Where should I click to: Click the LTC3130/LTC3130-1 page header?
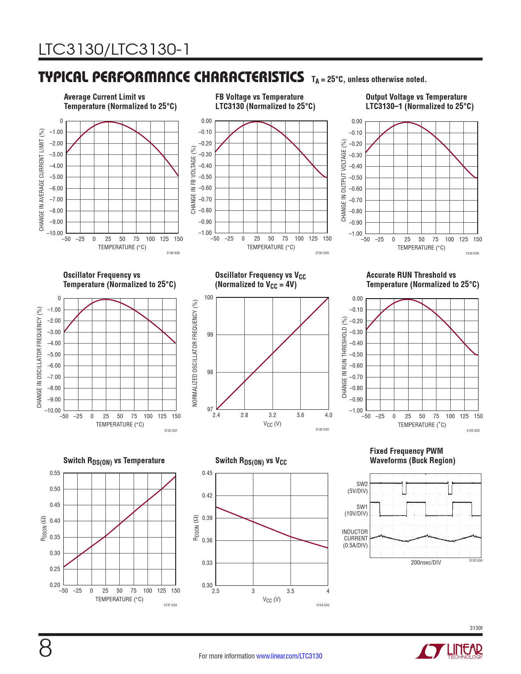point(114,49)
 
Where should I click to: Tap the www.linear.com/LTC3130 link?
point(289,656)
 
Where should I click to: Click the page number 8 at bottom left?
point(45,648)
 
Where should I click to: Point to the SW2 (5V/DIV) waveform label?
point(358,487)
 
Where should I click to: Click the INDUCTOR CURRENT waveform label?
point(355,538)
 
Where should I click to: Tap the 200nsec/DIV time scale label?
point(426,562)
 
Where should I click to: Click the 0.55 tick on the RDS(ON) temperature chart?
point(55,473)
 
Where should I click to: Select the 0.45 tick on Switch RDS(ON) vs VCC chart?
point(207,473)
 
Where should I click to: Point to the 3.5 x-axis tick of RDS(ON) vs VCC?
point(290,591)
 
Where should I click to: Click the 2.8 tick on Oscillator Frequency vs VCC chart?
point(244,415)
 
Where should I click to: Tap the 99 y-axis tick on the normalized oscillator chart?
point(210,335)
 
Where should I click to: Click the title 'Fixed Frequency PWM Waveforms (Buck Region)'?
point(412,456)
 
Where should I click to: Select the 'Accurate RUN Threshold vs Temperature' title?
point(422,280)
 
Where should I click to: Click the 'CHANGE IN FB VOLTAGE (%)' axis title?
point(193,180)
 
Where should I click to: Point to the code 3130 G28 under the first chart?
point(173,253)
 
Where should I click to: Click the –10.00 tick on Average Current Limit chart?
point(54,233)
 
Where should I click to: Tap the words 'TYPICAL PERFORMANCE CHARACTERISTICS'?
point(171,77)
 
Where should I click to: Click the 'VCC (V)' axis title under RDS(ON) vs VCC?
point(272,600)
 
